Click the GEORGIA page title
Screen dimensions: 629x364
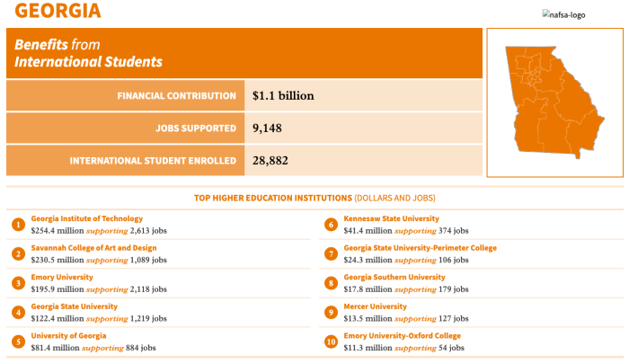pyautogui.click(x=58, y=11)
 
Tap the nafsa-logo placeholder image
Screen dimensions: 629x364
pyautogui.click(x=563, y=15)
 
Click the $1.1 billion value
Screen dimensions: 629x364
pyautogui.click(x=283, y=95)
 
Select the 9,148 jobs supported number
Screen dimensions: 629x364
pyautogui.click(x=267, y=128)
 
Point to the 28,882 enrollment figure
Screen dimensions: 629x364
pyautogui.click(x=270, y=161)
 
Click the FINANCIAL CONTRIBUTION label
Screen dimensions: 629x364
pyautogui.click(x=176, y=96)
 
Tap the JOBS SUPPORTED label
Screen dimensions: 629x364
pyautogui.click(x=196, y=129)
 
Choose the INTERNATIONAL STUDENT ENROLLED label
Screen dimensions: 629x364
pyautogui.click(x=153, y=161)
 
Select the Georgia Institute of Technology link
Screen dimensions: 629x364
pyautogui.click(x=86, y=218)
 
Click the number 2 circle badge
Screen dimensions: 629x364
pyautogui.click(x=18, y=254)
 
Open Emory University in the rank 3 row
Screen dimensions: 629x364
pyautogui.click(x=62, y=278)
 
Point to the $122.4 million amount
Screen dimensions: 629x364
pyautogui.click(x=58, y=319)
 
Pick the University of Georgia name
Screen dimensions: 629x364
pyautogui.click(x=68, y=336)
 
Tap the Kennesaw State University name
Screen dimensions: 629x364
pyautogui.click(x=391, y=218)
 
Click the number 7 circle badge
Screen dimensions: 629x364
pyautogui.click(x=331, y=254)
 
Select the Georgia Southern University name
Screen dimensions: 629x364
pyautogui.click(x=394, y=278)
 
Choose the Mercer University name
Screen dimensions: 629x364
pyautogui.click(x=375, y=306)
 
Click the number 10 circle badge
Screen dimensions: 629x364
pyautogui.click(x=331, y=342)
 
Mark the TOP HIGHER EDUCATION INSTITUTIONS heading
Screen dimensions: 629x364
pyautogui.click(x=273, y=199)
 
